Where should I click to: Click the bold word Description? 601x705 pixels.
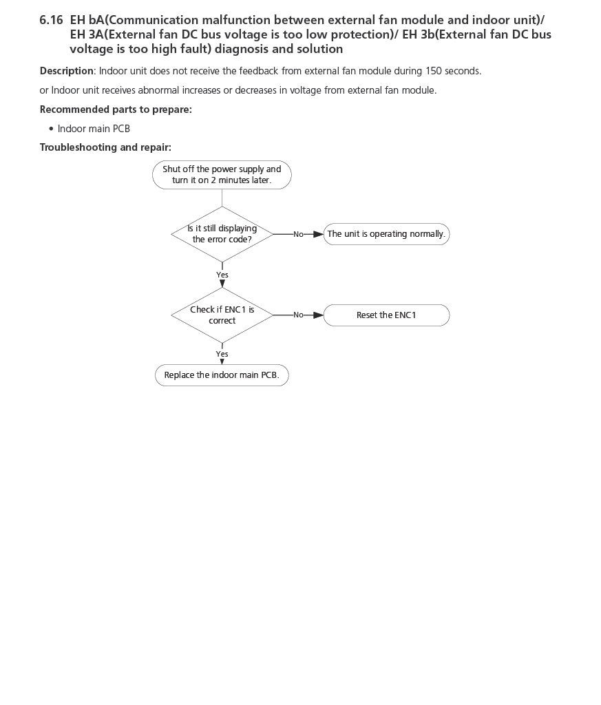(x=66, y=71)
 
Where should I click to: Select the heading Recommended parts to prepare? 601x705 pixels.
(x=116, y=109)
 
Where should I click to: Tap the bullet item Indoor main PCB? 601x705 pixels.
(x=94, y=129)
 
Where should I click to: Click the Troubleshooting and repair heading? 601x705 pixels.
(x=105, y=147)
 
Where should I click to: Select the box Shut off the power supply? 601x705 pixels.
(x=222, y=175)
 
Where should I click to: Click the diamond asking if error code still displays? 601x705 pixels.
(x=222, y=234)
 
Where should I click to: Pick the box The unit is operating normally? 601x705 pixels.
(x=386, y=234)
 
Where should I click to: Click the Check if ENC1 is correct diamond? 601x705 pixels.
(x=222, y=315)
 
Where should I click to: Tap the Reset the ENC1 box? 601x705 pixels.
(x=386, y=315)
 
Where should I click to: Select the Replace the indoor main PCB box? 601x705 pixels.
(x=222, y=375)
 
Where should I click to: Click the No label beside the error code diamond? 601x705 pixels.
(x=298, y=234)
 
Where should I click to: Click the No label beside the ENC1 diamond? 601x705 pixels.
(x=298, y=315)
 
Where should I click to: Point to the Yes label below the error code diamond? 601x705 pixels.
(x=222, y=275)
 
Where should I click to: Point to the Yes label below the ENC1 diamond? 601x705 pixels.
(x=222, y=354)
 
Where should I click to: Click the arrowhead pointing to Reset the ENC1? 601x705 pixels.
(x=318, y=315)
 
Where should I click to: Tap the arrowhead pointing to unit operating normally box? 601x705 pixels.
(x=318, y=234)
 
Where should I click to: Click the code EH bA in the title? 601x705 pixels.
(x=86, y=20)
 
